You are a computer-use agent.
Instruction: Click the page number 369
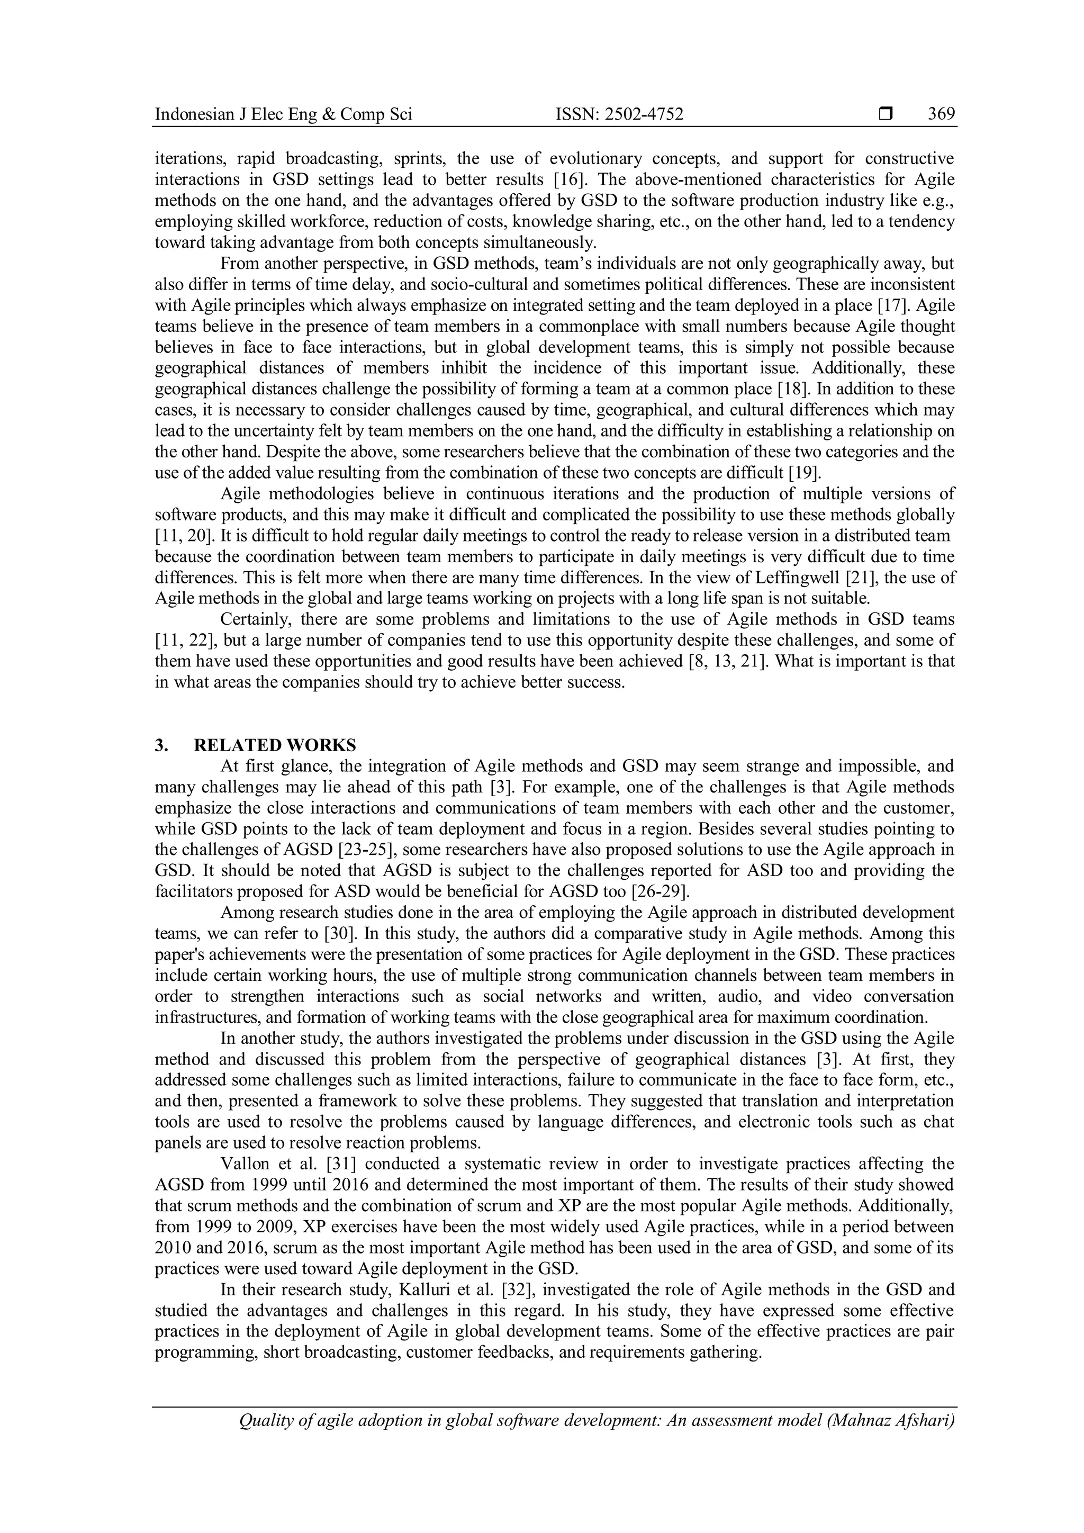(941, 114)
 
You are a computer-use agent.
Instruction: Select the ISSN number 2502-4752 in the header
(644, 115)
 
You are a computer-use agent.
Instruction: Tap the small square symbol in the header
(886, 115)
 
